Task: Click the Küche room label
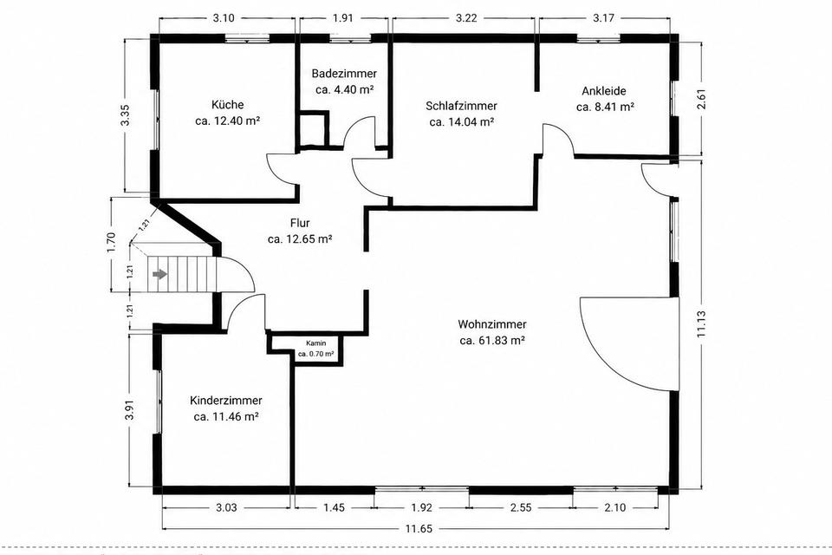coord(227,105)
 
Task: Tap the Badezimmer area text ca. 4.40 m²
coord(344,89)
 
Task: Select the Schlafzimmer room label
coord(461,106)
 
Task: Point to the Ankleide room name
coord(604,91)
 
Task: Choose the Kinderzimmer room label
coord(226,401)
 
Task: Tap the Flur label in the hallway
coord(300,223)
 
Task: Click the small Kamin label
coord(315,343)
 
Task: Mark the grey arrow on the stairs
coord(159,274)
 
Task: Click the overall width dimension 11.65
coord(419,528)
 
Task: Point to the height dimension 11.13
coord(701,324)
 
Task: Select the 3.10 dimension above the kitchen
coord(224,17)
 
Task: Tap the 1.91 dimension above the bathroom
coord(343,17)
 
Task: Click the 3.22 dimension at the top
coord(466,17)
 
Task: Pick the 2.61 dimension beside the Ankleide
coord(701,98)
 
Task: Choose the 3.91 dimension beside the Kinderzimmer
coord(129,409)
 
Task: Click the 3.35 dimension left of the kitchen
coord(125,114)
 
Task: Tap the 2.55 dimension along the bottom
coord(521,507)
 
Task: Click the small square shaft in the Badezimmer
coord(313,128)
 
